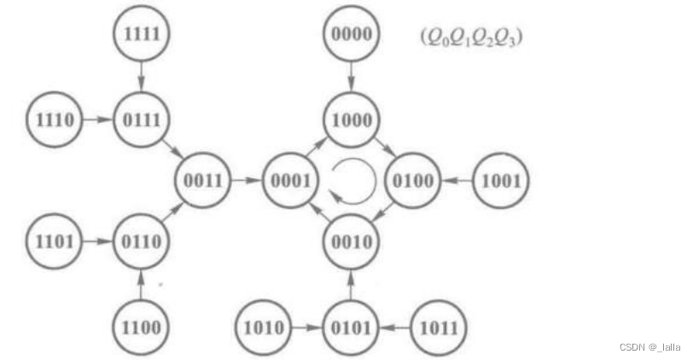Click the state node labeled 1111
click(142, 34)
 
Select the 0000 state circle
click(351, 34)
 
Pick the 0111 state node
click(142, 120)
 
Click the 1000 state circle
click(351, 120)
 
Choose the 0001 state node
click(290, 181)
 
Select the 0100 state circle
click(412, 181)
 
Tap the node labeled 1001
click(500, 181)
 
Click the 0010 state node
click(351, 241)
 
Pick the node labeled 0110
click(142, 241)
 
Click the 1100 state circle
click(142, 328)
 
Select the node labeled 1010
click(264, 328)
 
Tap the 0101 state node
click(351, 328)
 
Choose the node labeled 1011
click(439, 328)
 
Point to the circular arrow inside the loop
click(352, 181)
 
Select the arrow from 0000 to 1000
click(351, 77)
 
